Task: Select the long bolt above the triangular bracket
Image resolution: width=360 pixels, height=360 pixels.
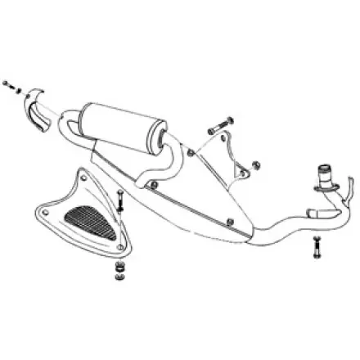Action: (x=215, y=129)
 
